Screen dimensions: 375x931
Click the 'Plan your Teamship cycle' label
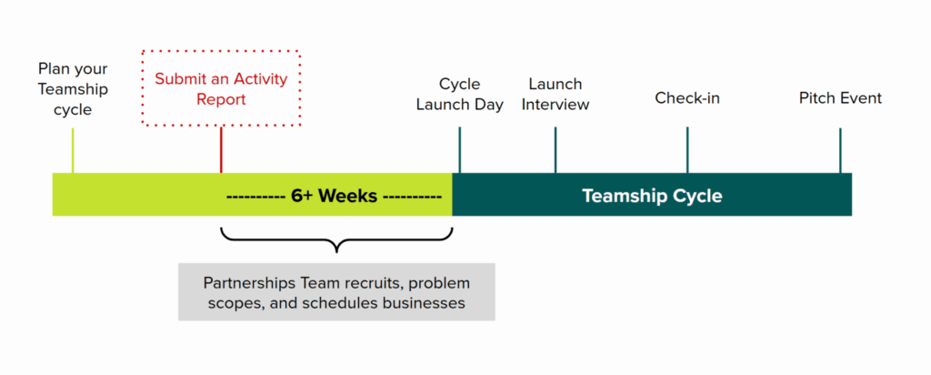[x=73, y=89]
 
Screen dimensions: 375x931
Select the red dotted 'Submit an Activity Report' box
[x=221, y=88]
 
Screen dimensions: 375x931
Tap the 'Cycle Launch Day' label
[x=459, y=94]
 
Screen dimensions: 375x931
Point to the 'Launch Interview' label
[x=555, y=94]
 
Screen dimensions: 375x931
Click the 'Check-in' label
[x=687, y=98]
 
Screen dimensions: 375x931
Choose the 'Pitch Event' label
[x=840, y=98]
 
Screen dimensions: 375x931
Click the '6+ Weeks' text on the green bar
[x=334, y=197]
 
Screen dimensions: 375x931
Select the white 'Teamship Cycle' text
[x=652, y=196]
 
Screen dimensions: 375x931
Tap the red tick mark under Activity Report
[x=221, y=149]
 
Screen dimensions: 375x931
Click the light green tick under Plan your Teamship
[x=73, y=150]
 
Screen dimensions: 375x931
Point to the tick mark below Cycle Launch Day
[x=460, y=149]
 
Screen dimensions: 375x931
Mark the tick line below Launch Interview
[x=556, y=149]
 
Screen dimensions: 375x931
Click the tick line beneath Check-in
[x=687, y=149]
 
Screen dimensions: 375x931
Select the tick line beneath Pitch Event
[x=840, y=149]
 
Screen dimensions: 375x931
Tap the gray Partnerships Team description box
[x=336, y=292]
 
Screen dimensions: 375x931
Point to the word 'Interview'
[x=556, y=105]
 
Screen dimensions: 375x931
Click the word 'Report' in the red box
[x=221, y=99]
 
